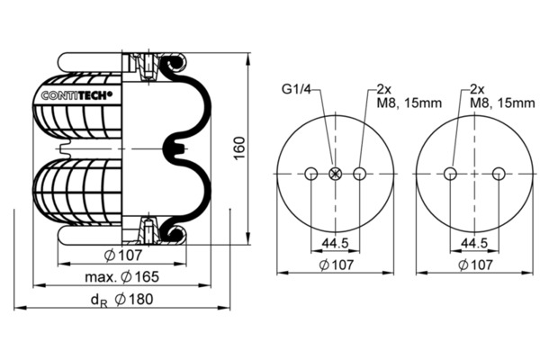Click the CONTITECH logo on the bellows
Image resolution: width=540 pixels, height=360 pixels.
click(76, 95)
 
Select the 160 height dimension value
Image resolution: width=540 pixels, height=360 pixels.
click(239, 148)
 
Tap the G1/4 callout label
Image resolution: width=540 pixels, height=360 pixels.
click(296, 90)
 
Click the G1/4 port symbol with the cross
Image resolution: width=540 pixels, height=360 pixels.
click(335, 174)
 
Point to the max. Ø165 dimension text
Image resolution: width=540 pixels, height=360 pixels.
click(121, 276)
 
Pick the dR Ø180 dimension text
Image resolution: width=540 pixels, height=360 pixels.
click(121, 300)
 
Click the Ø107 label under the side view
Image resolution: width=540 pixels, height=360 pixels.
click(123, 256)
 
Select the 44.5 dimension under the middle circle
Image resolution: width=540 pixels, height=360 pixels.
click(335, 243)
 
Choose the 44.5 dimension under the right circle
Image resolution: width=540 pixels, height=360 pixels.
click(474, 243)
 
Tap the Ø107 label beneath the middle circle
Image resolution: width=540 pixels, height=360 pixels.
click(336, 265)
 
